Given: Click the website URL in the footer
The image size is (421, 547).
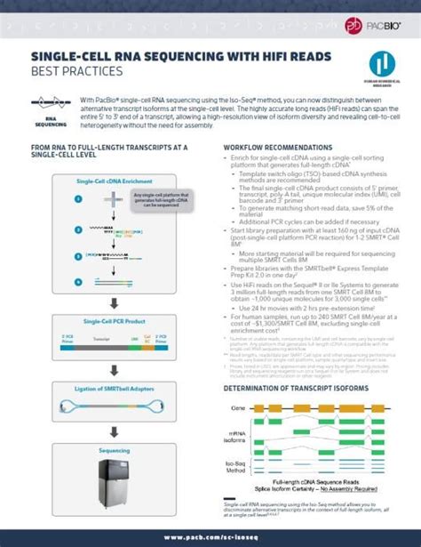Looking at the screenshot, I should coord(210,537).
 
